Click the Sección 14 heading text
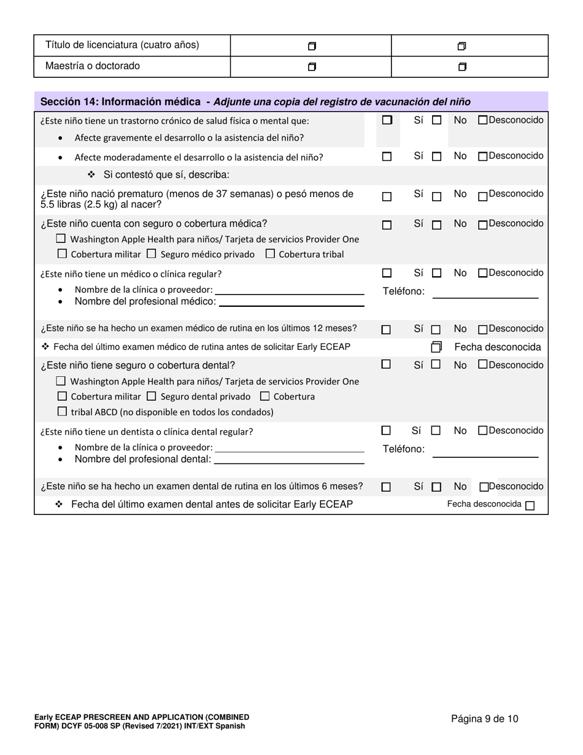point(120,102)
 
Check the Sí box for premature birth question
point(387,197)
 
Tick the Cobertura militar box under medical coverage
point(62,253)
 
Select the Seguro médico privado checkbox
point(152,253)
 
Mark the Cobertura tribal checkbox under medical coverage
point(270,253)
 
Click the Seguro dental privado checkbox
point(152,396)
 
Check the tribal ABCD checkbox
point(62,411)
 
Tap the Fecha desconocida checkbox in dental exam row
point(530,506)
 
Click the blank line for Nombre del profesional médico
point(291,301)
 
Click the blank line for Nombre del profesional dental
point(288,459)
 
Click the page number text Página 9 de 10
point(484,719)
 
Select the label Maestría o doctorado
point(93,66)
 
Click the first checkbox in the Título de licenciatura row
point(312,46)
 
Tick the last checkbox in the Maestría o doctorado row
point(463,67)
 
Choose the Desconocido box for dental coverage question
point(482,364)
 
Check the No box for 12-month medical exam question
point(436,330)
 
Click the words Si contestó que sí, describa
point(166,175)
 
